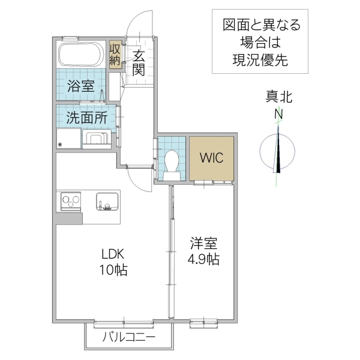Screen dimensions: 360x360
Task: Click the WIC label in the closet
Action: tap(211, 158)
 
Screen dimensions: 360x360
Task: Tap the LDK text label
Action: tap(112, 254)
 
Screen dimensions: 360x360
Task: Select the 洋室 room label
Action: tap(205, 244)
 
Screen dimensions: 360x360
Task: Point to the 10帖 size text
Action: tap(112, 269)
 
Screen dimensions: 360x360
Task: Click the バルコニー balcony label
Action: tap(128, 338)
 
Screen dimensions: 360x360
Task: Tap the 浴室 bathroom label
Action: tap(80, 85)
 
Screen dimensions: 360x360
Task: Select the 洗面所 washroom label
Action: tap(86, 118)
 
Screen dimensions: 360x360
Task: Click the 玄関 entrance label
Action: tap(139, 62)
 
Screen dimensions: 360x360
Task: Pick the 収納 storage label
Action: tap(115, 55)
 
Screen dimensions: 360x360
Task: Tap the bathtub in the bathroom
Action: tap(82, 55)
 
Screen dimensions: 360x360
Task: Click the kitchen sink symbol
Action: tap(108, 202)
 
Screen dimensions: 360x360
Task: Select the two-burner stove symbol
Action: tap(71, 200)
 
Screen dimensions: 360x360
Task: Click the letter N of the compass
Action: tap(279, 114)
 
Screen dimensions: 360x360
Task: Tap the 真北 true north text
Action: tap(279, 97)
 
